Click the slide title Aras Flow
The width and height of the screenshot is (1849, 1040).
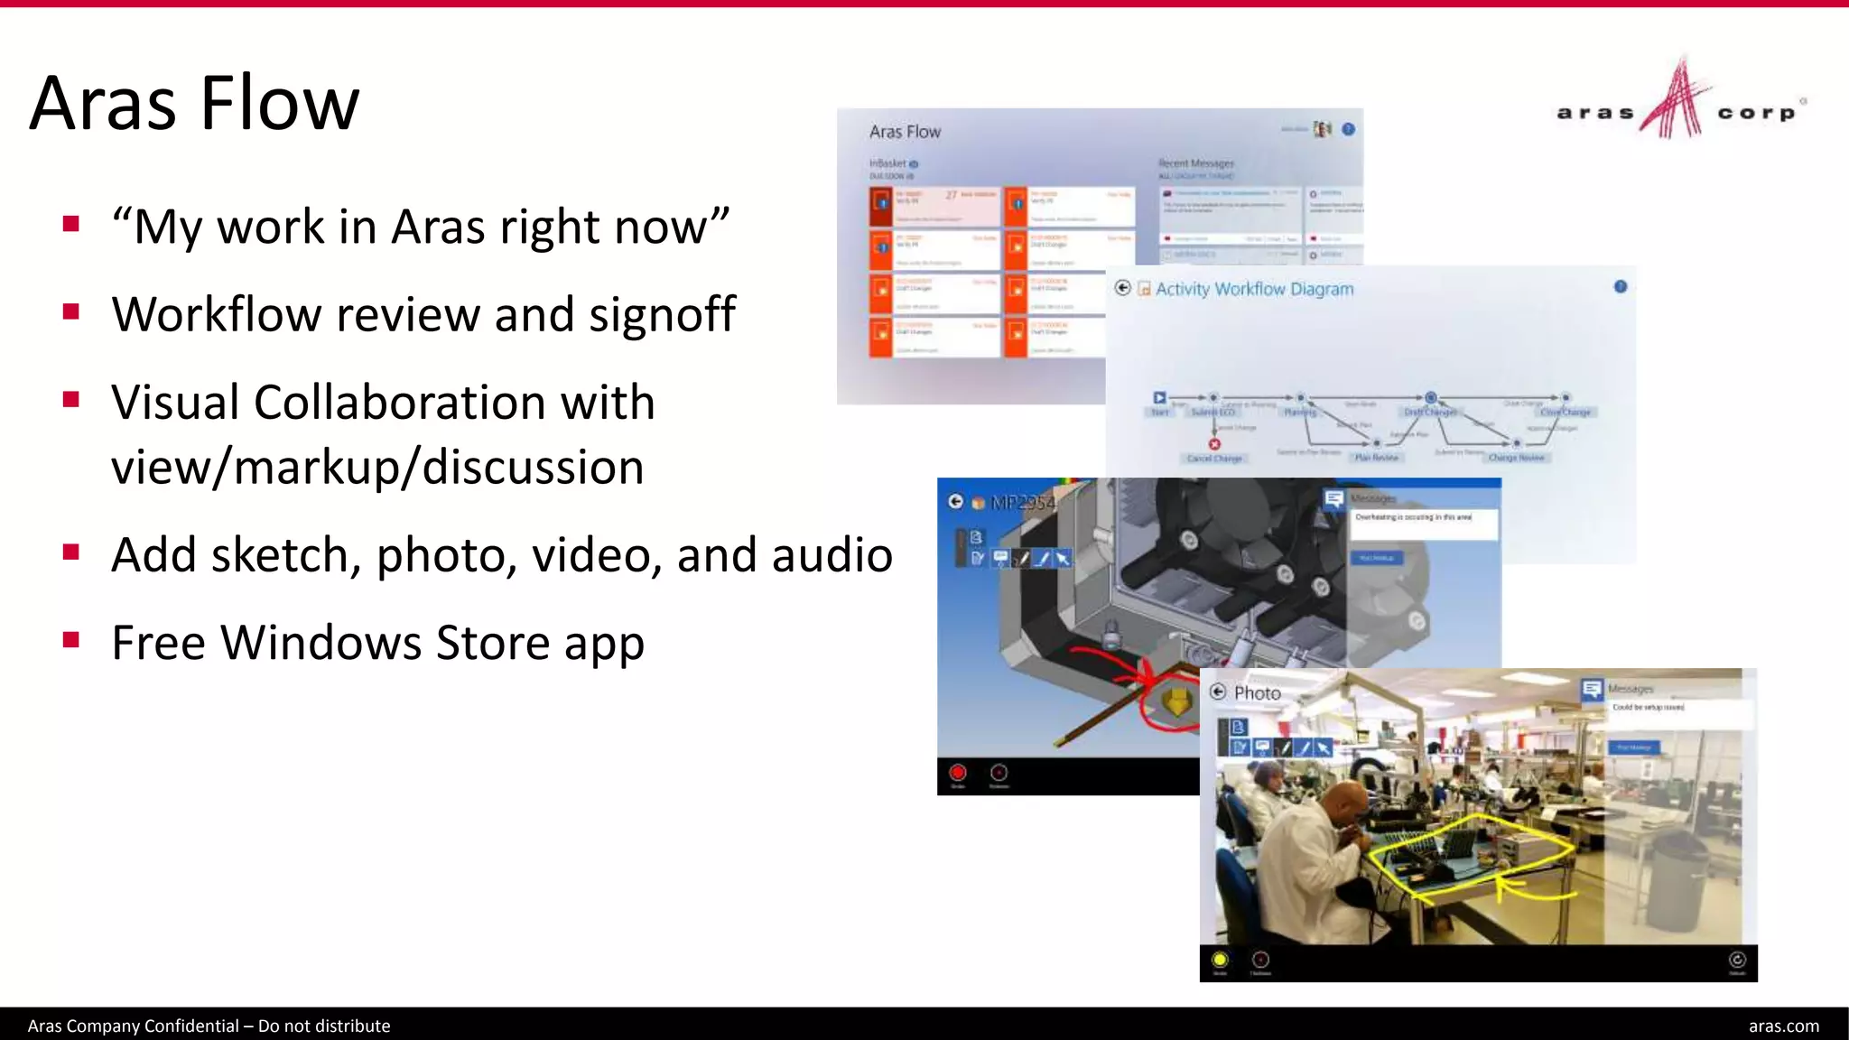194,103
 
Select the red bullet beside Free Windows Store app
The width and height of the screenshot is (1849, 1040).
71,640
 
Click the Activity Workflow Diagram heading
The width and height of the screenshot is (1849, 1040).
1254,289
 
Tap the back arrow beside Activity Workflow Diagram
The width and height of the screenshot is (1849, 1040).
1122,288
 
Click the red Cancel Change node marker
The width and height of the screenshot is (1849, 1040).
1214,444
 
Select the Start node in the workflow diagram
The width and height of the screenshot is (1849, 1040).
1159,398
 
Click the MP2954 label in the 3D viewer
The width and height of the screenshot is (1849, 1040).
1023,503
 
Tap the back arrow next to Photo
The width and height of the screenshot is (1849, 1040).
1218,692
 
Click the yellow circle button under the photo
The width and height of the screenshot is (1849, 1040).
1220,960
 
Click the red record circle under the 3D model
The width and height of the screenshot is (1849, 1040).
958,773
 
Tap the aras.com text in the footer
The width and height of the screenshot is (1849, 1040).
1783,1026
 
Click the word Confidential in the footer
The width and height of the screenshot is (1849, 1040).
191,1026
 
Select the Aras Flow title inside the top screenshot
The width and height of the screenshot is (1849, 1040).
905,132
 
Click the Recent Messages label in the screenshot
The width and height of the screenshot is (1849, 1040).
1195,163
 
